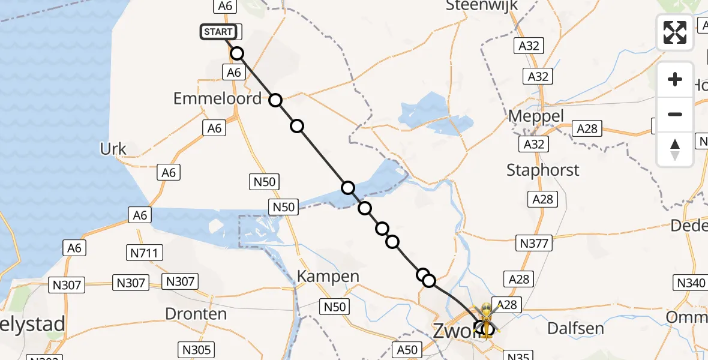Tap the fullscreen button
[x=675, y=32]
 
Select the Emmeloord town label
[x=217, y=98]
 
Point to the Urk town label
[x=113, y=149]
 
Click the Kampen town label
[x=328, y=277]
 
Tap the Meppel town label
[x=536, y=115]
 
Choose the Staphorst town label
[x=543, y=170]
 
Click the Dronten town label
[x=196, y=314]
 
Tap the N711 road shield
[x=144, y=253]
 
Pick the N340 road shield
[x=692, y=283]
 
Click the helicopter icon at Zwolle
[x=487, y=319]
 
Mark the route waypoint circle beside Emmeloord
[x=275, y=100]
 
